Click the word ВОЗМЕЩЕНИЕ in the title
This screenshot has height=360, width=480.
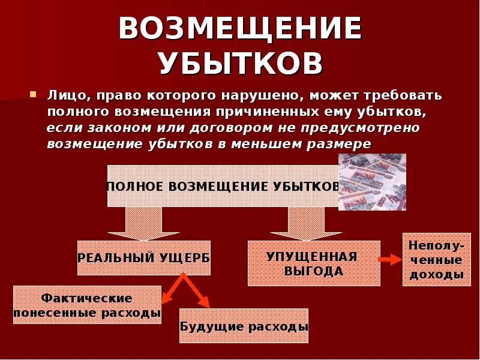[240, 28]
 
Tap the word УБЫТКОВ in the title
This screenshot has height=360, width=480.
[240, 62]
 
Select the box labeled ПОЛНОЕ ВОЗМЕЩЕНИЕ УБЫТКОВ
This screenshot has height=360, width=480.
[222, 186]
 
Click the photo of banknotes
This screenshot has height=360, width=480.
[372, 181]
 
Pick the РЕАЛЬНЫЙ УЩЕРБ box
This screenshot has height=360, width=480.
[144, 257]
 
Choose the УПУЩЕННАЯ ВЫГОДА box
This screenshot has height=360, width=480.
[314, 263]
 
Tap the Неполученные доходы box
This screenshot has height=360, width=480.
[436, 260]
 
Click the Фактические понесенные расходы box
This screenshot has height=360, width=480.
[87, 305]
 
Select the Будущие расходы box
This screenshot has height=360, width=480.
[244, 326]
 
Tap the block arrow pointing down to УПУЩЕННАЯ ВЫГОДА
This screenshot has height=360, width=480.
[298, 223]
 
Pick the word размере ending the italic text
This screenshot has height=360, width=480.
[343, 144]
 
